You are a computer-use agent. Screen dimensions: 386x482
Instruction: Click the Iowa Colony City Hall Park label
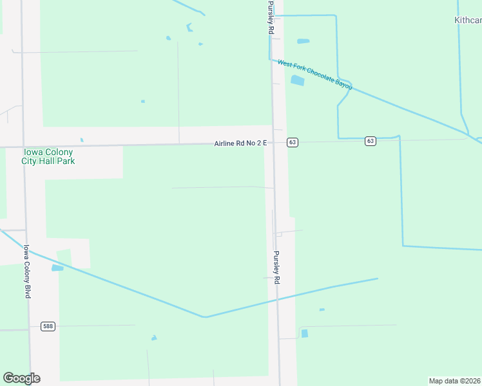click(x=49, y=156)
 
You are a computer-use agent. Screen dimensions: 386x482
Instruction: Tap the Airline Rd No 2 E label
click(x=240, y=143)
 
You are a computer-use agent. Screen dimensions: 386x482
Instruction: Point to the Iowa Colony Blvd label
click(x=27, y=271)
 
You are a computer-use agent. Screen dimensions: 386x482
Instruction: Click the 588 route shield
click(x=48, y=326)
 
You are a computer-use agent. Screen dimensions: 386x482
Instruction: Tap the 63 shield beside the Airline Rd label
click(x=293, y=142)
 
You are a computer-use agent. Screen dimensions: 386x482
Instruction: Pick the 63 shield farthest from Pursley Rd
click(x=370, y=141)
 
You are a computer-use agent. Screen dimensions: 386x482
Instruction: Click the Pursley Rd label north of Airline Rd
click(x=271, y=17)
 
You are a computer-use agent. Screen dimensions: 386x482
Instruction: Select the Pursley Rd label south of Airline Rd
click(x=276, y=267)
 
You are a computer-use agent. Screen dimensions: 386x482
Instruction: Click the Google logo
click(x=21, y=378)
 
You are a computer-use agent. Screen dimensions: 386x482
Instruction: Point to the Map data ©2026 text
click(x=455, y=381)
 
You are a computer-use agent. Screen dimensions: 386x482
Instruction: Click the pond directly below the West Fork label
click(x=297, y=80)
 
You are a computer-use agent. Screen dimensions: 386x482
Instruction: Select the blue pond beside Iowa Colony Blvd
click(x=57, y=268)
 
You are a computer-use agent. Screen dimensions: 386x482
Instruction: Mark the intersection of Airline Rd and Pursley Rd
click(x=273, y=142)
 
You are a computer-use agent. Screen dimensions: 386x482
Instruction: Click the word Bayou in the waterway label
click(x=343, y=86)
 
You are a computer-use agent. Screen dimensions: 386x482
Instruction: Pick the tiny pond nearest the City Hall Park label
click(x=82, y=140)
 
